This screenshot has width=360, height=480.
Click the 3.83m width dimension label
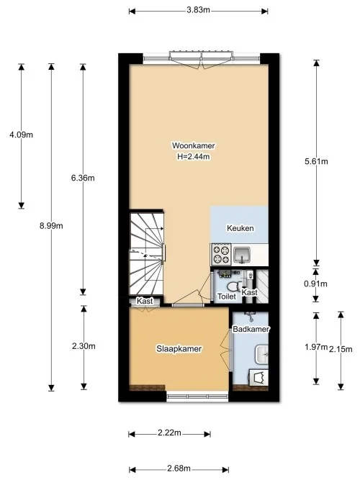point(198,10)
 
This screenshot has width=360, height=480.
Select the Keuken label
point(240,228)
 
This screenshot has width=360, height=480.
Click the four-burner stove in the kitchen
point(220,255)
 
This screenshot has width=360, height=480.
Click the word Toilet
point(227,296)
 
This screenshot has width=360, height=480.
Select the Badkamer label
point(251,329)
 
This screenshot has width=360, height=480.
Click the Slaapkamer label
point(179,349)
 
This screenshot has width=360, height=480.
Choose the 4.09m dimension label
point(21,135)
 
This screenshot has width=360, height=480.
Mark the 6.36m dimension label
point(84,178)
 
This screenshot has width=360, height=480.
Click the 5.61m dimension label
point(316,162)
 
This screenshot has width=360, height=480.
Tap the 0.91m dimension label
point(316,283)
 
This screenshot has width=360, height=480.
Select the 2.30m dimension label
point(84,347)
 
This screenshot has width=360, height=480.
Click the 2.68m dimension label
point(179,468)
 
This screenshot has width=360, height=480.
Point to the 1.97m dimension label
point(316,348)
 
